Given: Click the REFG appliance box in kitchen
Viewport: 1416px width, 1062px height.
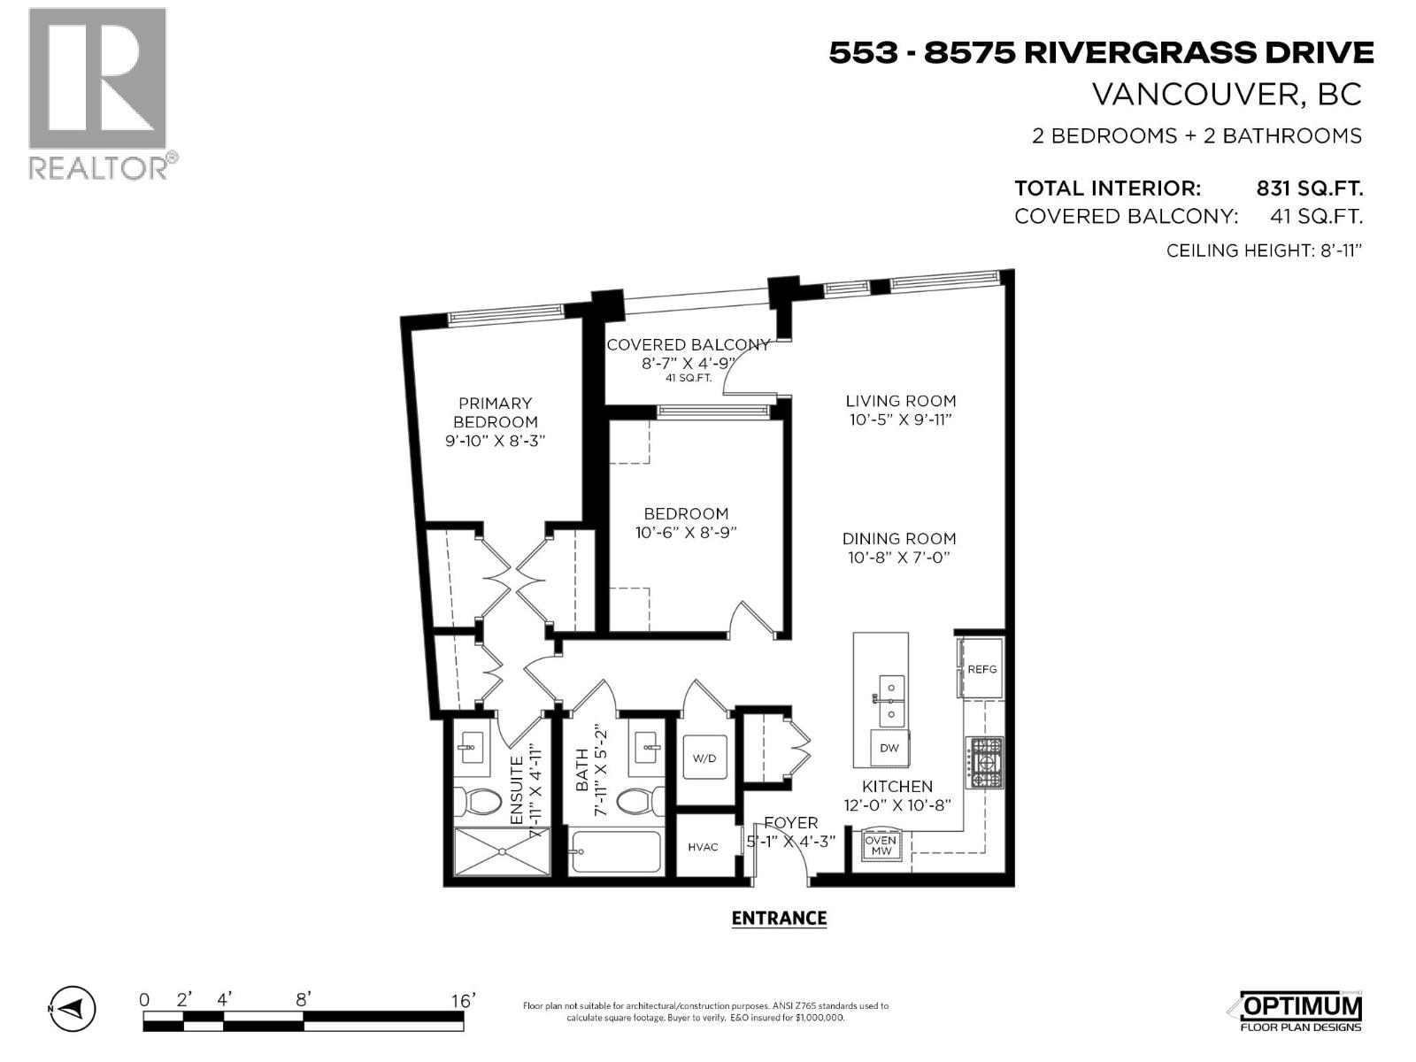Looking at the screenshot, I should coord(981,668).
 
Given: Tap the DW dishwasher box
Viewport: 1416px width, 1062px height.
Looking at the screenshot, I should coord(889,748).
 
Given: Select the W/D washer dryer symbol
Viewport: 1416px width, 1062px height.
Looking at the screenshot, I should coord(704,758).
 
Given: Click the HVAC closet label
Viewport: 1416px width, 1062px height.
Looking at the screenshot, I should coord(703,847).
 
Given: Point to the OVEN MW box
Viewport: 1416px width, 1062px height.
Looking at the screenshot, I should coord(881,845).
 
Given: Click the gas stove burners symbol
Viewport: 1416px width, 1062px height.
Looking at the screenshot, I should coord(984,763).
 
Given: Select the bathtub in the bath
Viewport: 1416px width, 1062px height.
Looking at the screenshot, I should coord(616,851).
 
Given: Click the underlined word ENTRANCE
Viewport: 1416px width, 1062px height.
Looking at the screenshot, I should coord(779,918).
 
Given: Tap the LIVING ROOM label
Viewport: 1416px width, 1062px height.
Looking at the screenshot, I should coord(900,400).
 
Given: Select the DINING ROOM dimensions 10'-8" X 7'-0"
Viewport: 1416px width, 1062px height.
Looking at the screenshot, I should coord(899,558).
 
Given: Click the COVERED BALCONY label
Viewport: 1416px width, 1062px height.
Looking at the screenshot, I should coord(688,344).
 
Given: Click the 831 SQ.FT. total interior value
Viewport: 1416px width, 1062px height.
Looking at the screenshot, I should coord(1309,189).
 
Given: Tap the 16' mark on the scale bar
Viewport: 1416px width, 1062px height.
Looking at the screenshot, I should coord(462,1000).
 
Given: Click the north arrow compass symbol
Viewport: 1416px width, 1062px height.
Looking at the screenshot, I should coord(73,1008).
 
